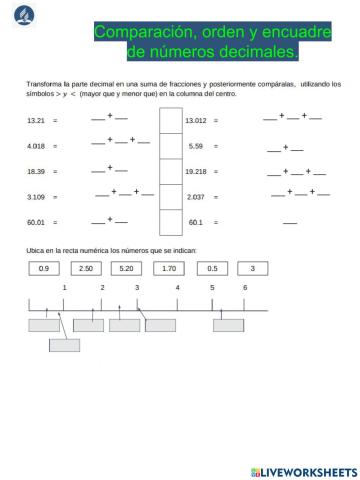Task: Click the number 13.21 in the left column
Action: coord(36,121)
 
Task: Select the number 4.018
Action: coord(36,146)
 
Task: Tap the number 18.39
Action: coord(36,171)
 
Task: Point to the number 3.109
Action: coord(36,197)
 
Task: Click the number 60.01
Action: coord(36,222)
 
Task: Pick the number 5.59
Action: coord(196,146)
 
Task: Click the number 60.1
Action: coord(196,222)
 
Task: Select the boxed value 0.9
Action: coord(43,268)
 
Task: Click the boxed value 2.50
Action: coord(85,268)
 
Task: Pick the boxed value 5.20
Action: coord(126,268)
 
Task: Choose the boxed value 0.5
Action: coord(211,268)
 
